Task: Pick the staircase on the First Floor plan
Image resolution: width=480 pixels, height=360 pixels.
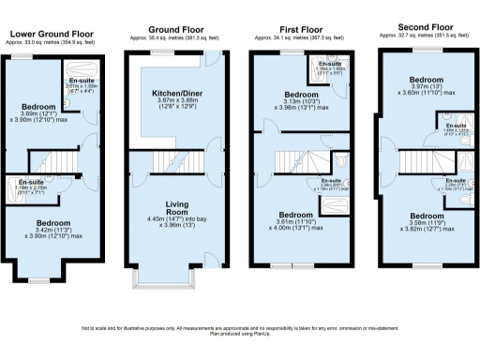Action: (290, 161)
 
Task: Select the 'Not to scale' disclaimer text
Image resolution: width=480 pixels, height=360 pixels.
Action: (239, 329)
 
